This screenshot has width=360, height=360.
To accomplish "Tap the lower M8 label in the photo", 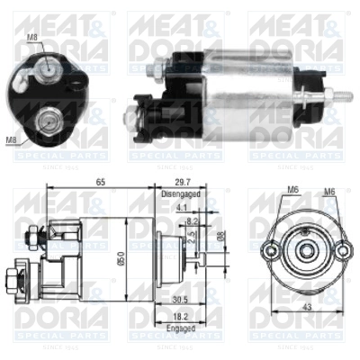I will (12, 139).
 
